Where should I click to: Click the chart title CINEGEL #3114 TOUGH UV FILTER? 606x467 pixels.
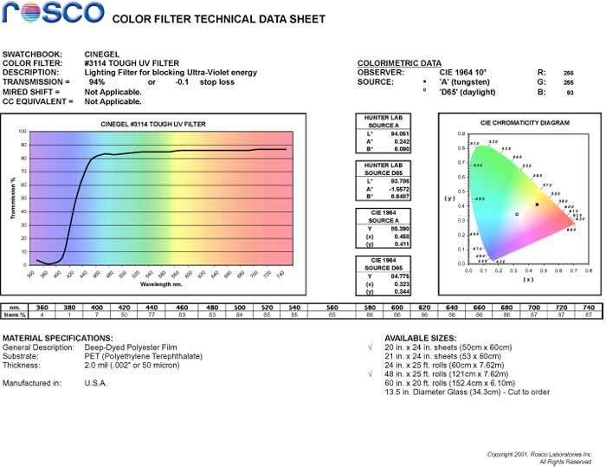click(x=152, y=125)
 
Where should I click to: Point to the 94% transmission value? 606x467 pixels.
click(x=98, y=81)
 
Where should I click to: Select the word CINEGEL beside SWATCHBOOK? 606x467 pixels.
click(x=103, y=53)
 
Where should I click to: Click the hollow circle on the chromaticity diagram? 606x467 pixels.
click(x=517, y=214)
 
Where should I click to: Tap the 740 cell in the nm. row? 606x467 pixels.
click(x=589, y=308)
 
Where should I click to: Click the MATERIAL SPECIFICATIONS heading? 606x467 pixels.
click(x=58, y=337)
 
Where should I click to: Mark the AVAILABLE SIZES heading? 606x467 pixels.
click(x=420, y=337)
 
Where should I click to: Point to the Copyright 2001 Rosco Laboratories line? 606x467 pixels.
click(x=539, y=454)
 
